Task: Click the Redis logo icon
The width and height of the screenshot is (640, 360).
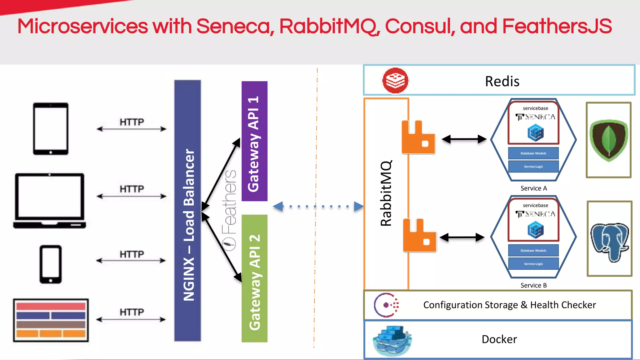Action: click(x=395, y=81)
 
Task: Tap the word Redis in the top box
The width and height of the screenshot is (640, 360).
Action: click(x=502, y=81)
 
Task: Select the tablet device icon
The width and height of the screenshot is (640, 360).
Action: click(x=51, y=128)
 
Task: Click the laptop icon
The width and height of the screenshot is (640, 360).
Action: click(x=50, y=200)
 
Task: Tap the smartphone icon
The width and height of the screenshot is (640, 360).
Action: click(x=51, y=264)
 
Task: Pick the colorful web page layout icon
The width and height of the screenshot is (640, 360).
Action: click(x=51, y=320)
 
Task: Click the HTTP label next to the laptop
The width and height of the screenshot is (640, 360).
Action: click(x=132, y=189)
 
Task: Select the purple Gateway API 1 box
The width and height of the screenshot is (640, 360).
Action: click(x=254, y=141)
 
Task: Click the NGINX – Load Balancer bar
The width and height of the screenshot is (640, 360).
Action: click(x=187, y=211)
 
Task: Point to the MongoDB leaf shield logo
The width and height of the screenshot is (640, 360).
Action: click(x=608, y=140)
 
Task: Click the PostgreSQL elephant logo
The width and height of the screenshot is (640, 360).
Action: click(x=609, y=239)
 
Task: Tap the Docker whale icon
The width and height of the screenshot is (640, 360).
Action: click(x=392, y=341)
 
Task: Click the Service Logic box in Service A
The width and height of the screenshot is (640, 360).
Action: click(x=533, y=167)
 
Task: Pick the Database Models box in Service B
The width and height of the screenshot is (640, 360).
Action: click(x=533, y=250)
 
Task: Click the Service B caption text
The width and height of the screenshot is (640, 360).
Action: click(x=533, y=285)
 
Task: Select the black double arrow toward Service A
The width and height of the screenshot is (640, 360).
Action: click(x=464, y=139)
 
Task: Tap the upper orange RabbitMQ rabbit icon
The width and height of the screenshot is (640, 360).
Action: click(x=418, y=137)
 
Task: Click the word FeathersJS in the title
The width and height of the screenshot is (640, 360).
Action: click(x=557, y=26)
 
